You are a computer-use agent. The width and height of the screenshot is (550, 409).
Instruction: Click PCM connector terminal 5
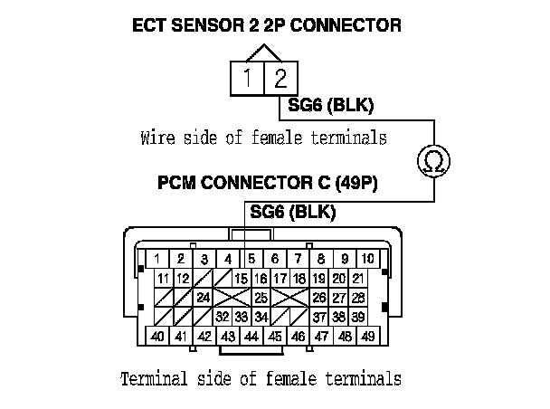[x=251, y=258]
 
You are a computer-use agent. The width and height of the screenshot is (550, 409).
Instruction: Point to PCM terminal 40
[x=156, y=337]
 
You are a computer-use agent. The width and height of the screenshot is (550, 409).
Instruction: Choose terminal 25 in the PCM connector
[x=261, y=297]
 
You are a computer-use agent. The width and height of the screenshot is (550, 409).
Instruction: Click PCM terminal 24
[x=203, y=297]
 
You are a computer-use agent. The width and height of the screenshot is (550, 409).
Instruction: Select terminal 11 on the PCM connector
[x=164, y=278]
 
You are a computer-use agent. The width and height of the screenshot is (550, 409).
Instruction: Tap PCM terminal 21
[x=359, y=278]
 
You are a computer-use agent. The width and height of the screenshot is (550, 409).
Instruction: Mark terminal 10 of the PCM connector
[x=369, y=258]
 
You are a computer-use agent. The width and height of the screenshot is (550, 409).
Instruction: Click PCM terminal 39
[x=359, y=316]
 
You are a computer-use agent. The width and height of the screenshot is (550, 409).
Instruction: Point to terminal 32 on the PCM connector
[x=222, y=316]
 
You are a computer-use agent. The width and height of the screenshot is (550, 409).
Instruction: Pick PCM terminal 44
[x=251, y=337]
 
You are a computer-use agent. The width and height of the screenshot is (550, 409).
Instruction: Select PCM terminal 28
[x=359, y=297]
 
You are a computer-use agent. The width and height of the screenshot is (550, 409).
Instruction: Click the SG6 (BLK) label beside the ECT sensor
[x=330, y=107]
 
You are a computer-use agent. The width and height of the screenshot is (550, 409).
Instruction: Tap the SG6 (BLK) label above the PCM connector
[x=292, y=214]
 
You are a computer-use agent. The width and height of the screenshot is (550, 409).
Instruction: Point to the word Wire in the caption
[x=158, y=138]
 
